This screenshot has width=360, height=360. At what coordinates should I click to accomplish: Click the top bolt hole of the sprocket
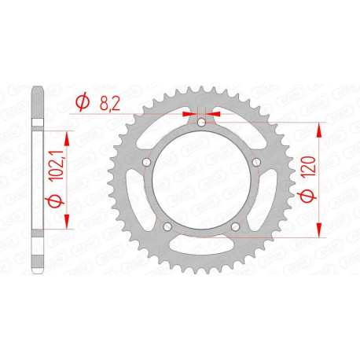tap(200, 123)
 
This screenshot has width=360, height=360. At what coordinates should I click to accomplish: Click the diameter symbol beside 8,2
tap(81, 101)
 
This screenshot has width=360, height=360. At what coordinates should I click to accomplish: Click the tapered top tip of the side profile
tap(35, 87)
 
